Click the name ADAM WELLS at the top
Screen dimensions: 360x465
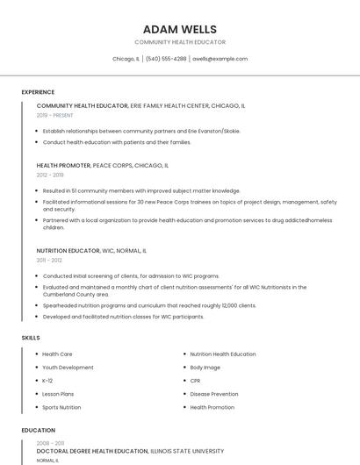tap(179, 29)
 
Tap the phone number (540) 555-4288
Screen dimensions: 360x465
tap(166, 59)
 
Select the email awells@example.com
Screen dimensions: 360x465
tap(220, 59)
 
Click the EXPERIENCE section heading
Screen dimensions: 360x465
tap(38, 92)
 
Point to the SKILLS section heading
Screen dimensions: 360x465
tap(31, 338)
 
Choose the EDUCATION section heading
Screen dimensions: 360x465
tap(38, 430)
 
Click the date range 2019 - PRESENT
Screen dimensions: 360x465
tap(54, 115)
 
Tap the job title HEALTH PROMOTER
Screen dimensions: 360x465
tap(63, 165)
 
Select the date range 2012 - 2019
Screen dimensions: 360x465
tap(50, 175)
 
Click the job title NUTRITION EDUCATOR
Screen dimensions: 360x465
tap(68, 251)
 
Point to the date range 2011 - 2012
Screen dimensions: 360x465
tap(49, 261)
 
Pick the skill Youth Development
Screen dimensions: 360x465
tap(68, 368)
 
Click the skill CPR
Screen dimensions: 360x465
tap(195, 381)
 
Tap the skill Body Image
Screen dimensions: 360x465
tap(205, 368)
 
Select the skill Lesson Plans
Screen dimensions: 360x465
tap(58, 394)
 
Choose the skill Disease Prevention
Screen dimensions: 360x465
tap(213, 394)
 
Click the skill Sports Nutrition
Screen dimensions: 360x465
tap(61, 407)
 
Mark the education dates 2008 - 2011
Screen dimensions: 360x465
tap(50, 444)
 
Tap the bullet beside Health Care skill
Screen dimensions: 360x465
tap(35, 354)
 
